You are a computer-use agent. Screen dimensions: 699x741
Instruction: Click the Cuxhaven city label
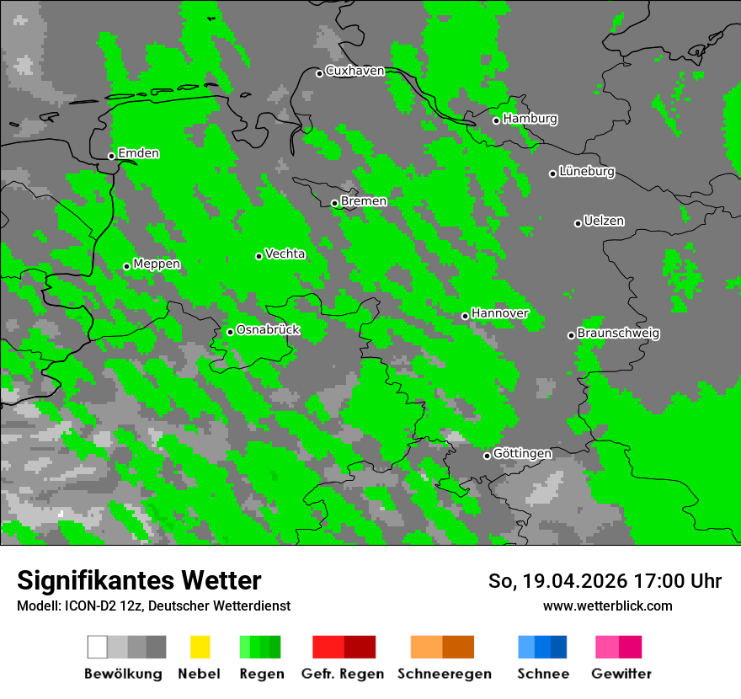(x=355, y=71)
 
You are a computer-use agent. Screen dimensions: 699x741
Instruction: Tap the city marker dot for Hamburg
(x=497, y=120)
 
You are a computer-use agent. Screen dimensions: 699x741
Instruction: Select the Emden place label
(x=138, y=153)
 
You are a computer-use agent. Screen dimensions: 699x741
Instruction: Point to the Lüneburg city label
(x=587, y=171)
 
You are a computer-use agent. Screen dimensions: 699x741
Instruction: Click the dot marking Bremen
(x=334, y=203)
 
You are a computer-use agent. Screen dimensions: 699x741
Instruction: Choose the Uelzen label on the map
(x=604, y=221)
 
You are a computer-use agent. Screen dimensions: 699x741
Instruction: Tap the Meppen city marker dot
(x=126, y=266)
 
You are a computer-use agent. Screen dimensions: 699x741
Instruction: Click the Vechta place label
(x=285, y=253)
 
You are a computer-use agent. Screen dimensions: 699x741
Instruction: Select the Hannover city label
(x=500, y=313)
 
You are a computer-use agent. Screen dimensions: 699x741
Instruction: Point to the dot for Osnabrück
(x=230, y=332)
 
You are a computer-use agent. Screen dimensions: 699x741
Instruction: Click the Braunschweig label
(x=618, y=333)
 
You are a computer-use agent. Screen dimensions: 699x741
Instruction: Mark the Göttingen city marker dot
(x=487, y=456)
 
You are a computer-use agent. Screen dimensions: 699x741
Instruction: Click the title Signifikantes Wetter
(x=139, y=580)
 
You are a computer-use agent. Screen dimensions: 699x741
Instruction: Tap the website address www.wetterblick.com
(x=607, y=606)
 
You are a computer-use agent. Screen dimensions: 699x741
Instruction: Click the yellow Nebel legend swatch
(x=200, y=647)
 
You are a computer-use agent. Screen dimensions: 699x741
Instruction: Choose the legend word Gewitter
(x=621, y=674)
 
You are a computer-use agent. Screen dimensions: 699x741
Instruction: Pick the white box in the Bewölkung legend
(x=98, y=647)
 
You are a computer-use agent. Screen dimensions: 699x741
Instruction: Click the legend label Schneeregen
(x=444, y=674)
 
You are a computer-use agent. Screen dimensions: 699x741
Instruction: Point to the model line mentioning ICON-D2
(x=153, y=606)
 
